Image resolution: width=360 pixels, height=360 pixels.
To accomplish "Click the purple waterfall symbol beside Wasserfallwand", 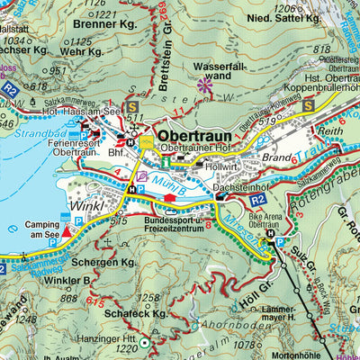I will [x=206, y=88].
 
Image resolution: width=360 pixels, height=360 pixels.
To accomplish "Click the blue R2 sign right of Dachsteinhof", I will [x=257, y=199].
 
